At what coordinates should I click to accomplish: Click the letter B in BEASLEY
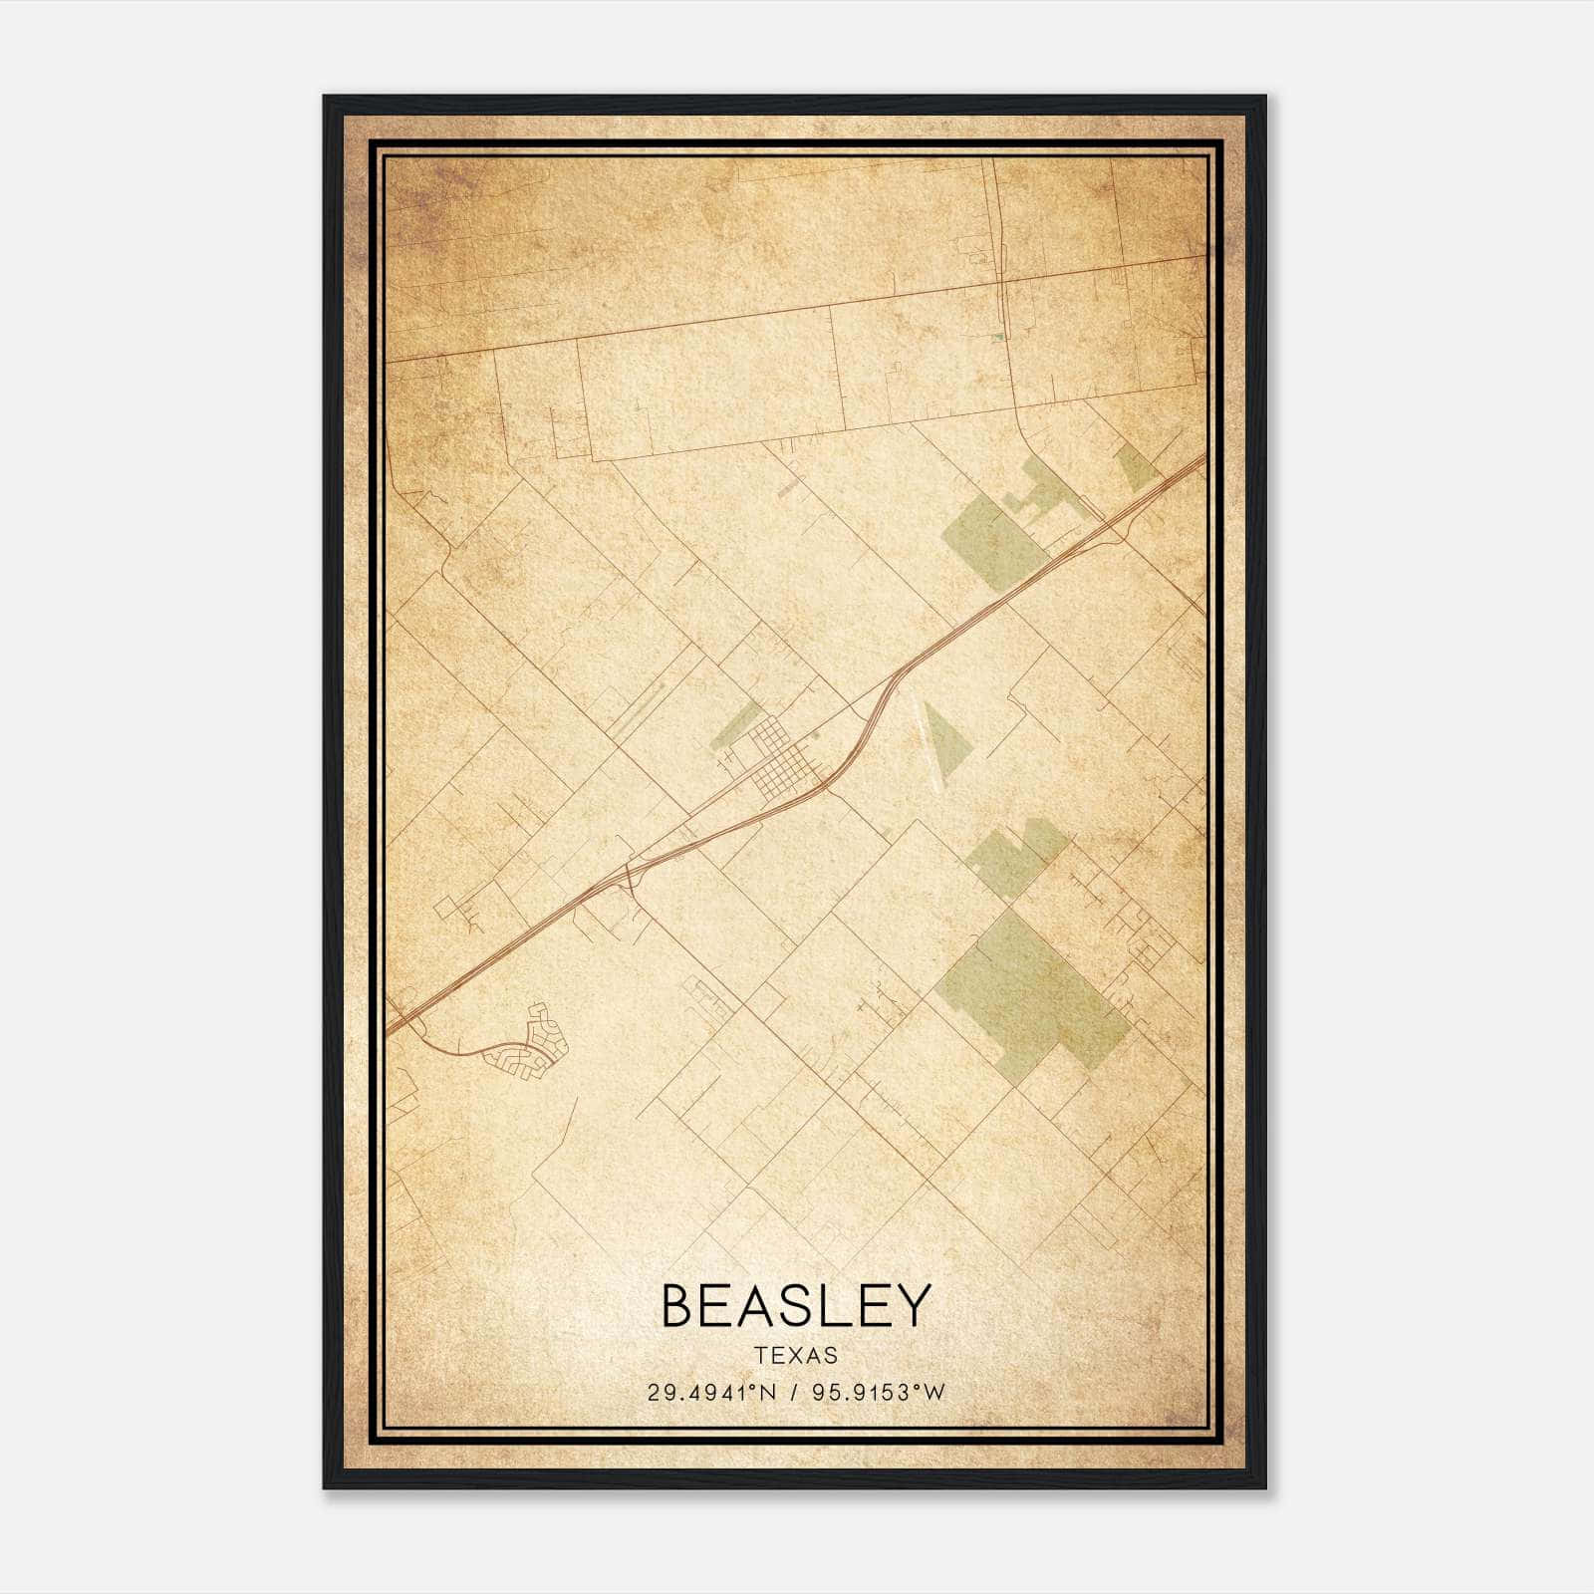(680, 1306)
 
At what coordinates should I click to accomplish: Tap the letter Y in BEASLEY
(911, 1306)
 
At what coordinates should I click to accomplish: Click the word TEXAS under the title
(796, 1356)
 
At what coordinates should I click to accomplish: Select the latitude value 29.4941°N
(711, 1393)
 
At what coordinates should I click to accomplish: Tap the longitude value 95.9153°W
(878, 1393)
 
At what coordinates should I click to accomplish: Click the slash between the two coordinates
(795, 1393)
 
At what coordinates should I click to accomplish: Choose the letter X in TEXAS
(796, 1356)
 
